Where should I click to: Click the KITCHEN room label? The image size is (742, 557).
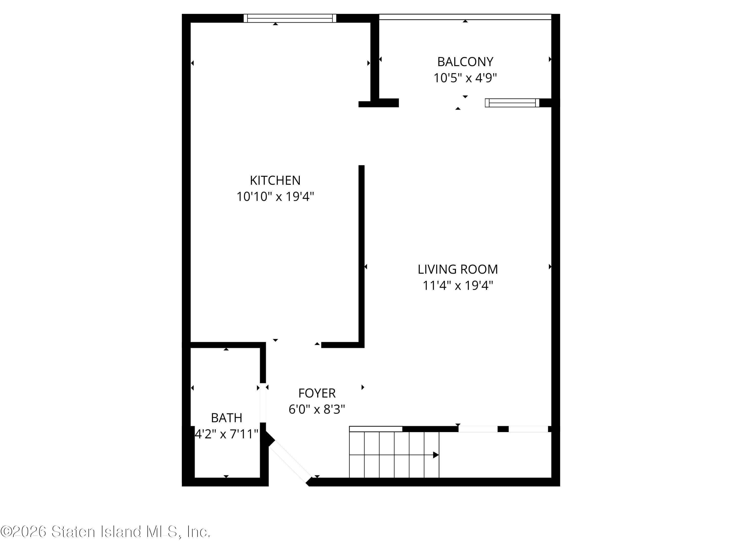click(x=275, y=181)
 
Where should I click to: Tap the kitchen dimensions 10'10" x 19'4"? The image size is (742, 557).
click(x=275, y=196)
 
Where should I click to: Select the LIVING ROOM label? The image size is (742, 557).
click(x=458, y=269)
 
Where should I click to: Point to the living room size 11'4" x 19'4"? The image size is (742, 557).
click(x=458, y=285)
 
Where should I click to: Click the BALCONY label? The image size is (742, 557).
click(x=465, y=62)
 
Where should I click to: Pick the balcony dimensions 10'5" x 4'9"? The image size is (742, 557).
click(x=465, y=78)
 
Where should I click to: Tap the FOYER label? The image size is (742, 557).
click(x=317, y=393)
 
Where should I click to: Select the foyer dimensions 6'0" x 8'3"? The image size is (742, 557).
click(x=317, y=409)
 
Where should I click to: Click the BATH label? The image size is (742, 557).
click(x=226, y=418)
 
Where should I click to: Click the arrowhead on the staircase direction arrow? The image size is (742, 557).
click(x=436, y=455)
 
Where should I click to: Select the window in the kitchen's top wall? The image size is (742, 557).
click(x=290, y=19)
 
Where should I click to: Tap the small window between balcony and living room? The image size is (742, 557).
click(x=512, y=103)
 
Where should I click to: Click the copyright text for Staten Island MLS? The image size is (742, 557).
click(x=105, y=532)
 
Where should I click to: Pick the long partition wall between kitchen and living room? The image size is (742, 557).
click(x=361, y=255)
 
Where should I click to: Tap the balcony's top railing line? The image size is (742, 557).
click(x=465, y=17)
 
